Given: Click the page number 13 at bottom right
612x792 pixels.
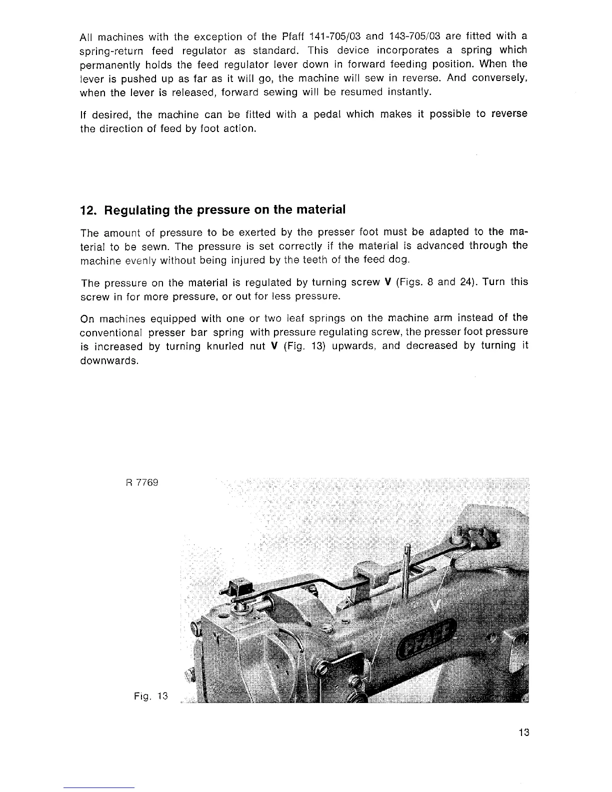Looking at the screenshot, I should [523, 733].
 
